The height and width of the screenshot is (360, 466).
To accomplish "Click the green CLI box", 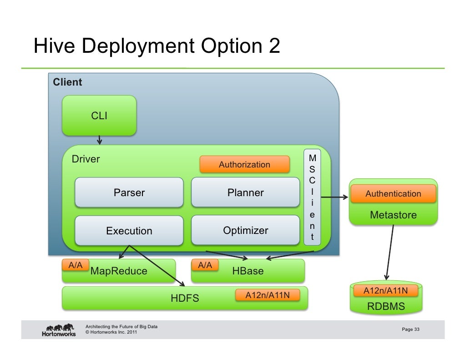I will pos(99,116).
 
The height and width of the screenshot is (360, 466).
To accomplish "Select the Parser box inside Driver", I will pos(129,193).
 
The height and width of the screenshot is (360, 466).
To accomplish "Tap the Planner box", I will pos(245,193).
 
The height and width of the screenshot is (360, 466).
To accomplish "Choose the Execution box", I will pos(129,231).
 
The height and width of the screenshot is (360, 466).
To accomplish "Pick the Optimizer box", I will pos(245,230).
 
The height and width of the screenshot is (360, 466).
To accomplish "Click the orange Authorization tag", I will pos(244,164).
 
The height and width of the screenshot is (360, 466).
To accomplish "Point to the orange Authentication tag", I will pos(393,194).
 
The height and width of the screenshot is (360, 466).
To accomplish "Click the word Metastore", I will pos(393,215).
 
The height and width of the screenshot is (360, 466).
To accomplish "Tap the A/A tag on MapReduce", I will pos(75,265).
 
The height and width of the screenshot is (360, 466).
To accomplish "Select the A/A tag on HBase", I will pos(205,265).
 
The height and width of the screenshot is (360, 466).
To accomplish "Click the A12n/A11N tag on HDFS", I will pos(267,296).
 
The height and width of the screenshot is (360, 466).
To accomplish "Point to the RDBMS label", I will pos(385,307).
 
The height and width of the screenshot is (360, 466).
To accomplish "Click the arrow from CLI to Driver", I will pos(99,140).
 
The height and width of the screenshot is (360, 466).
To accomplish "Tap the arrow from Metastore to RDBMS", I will pos(389,253).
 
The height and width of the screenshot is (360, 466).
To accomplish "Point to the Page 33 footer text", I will pos(410,330).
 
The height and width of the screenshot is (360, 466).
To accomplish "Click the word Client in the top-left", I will pos(67,82).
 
